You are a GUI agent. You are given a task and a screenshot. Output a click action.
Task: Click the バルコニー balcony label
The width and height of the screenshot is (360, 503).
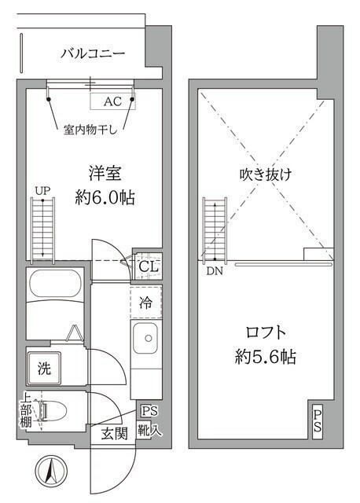pyautogui.click(x=93, y=53)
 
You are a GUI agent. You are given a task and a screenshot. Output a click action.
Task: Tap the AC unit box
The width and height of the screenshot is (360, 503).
pyautogui.click(x=112, y=101)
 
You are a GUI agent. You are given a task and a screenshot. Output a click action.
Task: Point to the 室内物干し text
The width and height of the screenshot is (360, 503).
pyautogui.click(x=90, y=130)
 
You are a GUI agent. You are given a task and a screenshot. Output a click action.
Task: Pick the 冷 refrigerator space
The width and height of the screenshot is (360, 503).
pyautogui.click(x=146, y=300)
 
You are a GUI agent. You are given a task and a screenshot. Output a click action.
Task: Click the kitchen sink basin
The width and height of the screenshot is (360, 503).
pyautogui.click(x=145, y=343)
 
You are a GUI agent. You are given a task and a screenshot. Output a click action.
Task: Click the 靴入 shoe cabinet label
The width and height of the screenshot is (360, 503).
pyautogui.click(x=149, y=431)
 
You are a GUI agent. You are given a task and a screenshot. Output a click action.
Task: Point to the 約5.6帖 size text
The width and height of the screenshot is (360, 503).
pyautogui.click(x=266, y=357)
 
